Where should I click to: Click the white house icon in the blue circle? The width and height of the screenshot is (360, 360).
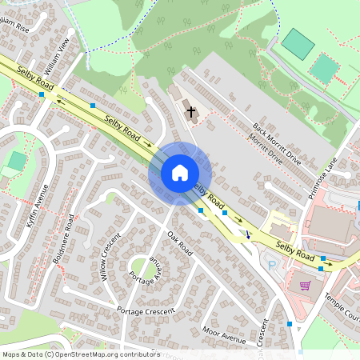click(x=180, y=173)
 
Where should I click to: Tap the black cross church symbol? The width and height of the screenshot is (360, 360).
click(x=191, y=111)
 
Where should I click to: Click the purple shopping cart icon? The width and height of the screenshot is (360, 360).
click(x=305, y=284)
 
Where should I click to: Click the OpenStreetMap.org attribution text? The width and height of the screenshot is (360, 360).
click(x=103, y=354)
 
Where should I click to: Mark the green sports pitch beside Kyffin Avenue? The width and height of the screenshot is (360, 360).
click(x=16, y=160)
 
